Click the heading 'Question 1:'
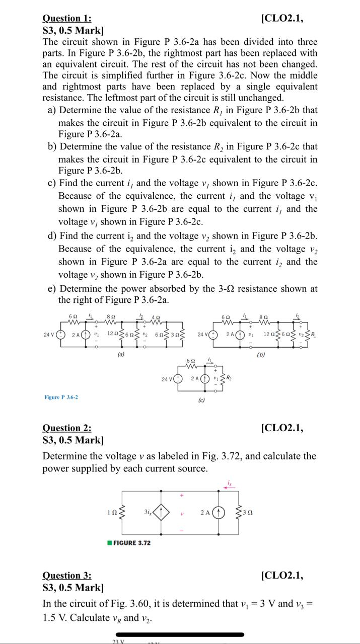tap(67, 19)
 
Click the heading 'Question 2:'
tap(67, 428)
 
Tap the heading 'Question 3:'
tap(67, 576)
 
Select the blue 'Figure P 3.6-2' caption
tap(61, 397)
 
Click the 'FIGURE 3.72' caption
tap(130, 543)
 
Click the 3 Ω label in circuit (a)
tap(176, 334)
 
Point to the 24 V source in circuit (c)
tap(177, 378)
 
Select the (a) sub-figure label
tap(121, 354)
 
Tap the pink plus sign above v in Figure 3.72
tap(182, 495)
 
